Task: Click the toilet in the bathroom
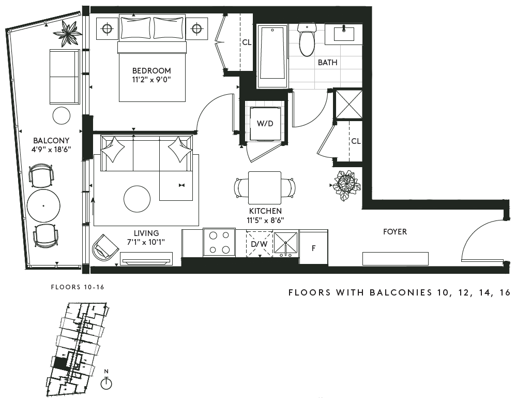pos(307,39)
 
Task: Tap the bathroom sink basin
pos(344,34)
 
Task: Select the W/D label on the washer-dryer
pos(265,124)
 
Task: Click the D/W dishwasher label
pos(260,244)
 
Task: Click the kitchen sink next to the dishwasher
pos(285,244)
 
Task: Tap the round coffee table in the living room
pos(137,199)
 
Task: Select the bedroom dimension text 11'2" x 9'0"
pos(151,79)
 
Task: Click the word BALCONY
pos(51,141)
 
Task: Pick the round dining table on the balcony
pos(43,206)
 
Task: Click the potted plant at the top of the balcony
pos(68,34)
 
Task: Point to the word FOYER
pos(395,232)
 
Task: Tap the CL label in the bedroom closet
pos(247,42)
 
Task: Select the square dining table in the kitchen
pos(265,188)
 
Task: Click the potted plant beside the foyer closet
pos(345,185)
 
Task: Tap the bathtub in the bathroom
pos(272,56)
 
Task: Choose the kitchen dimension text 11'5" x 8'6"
pos(265,220)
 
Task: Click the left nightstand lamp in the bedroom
pos(107,29)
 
